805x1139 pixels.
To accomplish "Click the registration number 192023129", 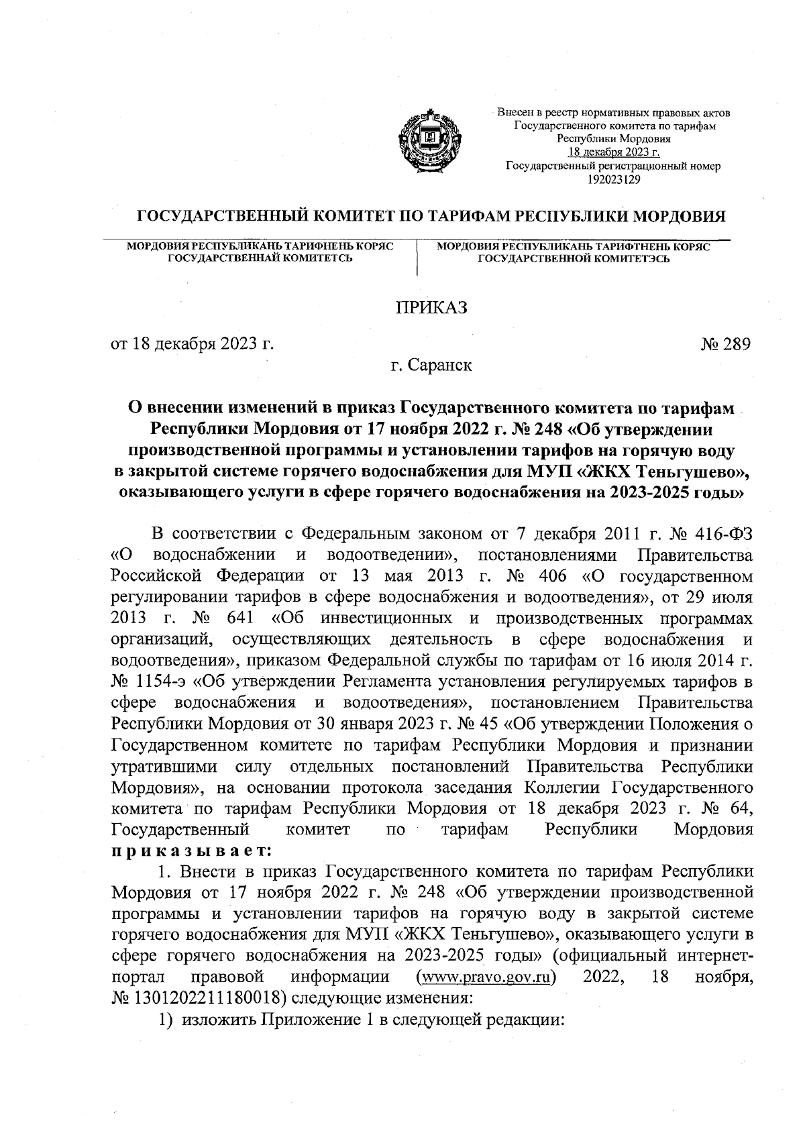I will pos(613,179).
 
